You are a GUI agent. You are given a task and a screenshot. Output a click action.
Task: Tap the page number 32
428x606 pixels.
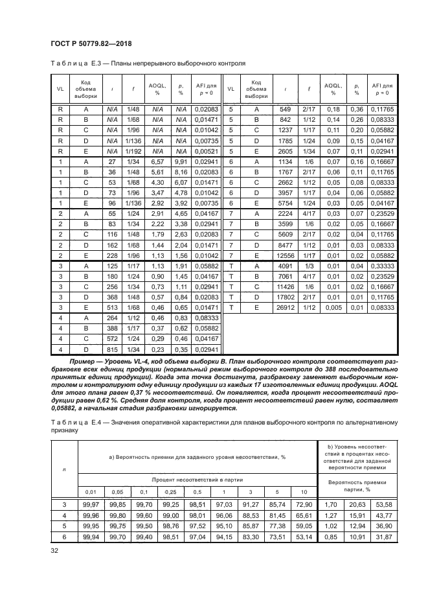[54, 552]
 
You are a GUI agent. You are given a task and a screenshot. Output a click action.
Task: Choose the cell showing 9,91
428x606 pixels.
[181, 161]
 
